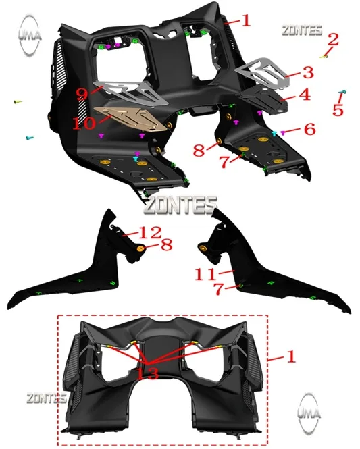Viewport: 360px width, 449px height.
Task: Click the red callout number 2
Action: click(333, 39)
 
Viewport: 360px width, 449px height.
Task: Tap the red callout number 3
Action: click(308, 72)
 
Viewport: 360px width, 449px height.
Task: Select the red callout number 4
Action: click(305, 95)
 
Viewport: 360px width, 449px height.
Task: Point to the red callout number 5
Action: click(338, 110)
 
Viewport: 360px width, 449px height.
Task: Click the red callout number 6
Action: click(309, 129)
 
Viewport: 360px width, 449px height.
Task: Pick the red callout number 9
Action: click(82, 93)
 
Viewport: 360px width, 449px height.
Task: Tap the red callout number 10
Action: click(84, 124)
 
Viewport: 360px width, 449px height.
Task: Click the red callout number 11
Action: click(205, 274)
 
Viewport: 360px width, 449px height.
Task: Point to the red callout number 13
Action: click(147, 373)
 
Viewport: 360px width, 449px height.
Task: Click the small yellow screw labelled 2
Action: click(324, 57)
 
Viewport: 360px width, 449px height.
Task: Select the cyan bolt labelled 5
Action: click(342, 92)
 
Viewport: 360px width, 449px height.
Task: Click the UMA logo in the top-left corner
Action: click(29, 34)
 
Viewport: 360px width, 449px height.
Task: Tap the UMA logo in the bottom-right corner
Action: click(309, 413)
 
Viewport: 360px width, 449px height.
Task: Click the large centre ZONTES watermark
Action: click(180, 205)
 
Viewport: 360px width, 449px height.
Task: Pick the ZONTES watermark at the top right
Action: click(302, 30)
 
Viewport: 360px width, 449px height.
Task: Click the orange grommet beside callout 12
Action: click(140, 248)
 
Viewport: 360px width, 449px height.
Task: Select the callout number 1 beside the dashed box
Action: click(290, 356)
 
